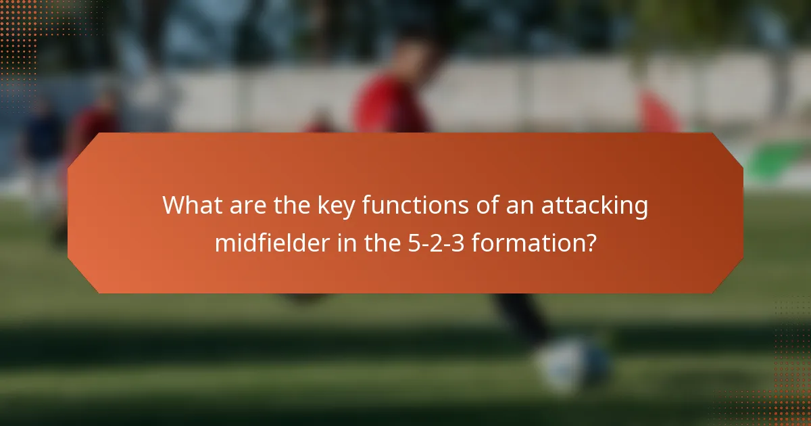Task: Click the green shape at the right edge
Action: point(777,159)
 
